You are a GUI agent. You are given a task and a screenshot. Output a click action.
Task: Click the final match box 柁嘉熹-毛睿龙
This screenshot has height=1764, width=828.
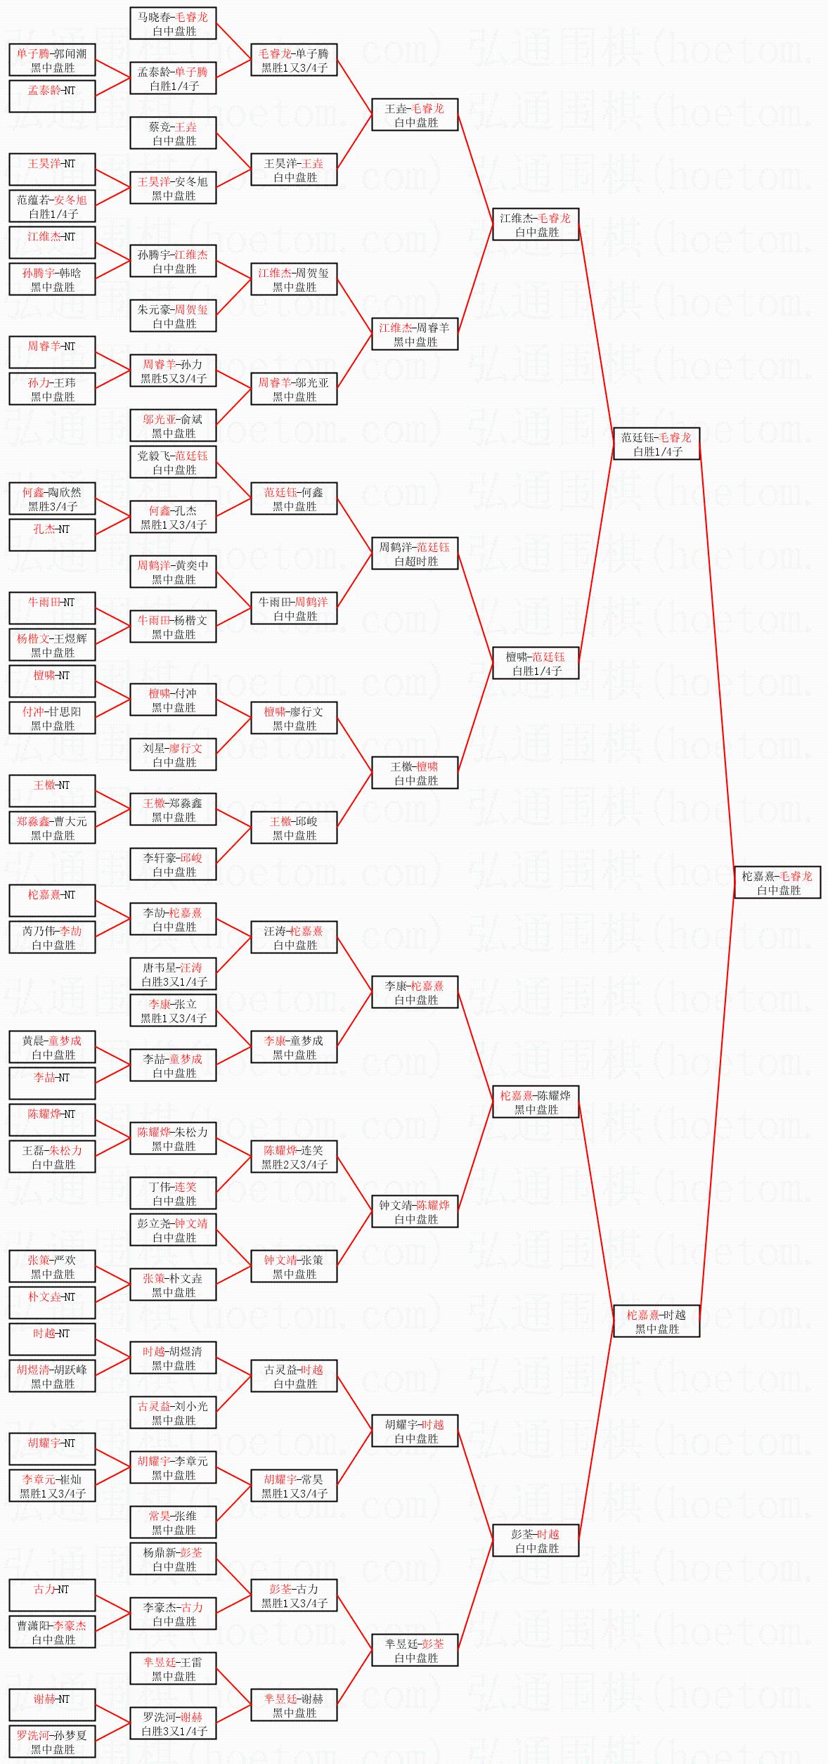tap(777, 882)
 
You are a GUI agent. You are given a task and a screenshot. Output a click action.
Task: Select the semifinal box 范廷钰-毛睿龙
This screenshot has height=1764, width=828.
tap(656, 444)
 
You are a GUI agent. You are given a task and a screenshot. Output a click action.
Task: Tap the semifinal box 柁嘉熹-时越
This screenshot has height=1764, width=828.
tap(656, 1321)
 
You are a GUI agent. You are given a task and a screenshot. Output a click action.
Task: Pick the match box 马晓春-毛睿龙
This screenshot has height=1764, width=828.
tap(173, 24)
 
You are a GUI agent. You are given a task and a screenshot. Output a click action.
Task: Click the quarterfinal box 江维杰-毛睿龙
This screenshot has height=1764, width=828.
tap(536, 225)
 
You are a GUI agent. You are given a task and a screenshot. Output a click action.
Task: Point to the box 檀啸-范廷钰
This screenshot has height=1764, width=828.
tap(536, 663)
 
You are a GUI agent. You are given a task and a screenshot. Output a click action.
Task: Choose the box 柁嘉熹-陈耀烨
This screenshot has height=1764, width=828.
tap(536, 1102)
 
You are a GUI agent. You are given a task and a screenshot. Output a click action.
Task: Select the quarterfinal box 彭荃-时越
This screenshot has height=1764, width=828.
tap(536, 1540)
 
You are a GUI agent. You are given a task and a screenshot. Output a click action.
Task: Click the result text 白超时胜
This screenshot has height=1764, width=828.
tap(415, 561)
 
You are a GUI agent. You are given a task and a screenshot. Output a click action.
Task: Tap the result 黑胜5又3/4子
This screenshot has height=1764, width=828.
tap(174, 378)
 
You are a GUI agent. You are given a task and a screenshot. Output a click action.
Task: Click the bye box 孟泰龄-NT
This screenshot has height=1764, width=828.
tap(52, 97)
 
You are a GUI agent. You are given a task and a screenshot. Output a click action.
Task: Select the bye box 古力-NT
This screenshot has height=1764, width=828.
tap(52, 1595)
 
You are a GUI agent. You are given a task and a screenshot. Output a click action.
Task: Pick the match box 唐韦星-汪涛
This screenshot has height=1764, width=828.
tap(173, 974)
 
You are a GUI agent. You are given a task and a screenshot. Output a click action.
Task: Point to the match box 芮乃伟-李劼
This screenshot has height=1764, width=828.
tap(52, 937)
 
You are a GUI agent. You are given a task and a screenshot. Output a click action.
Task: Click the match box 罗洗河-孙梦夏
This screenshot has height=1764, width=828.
tap(52, 1742)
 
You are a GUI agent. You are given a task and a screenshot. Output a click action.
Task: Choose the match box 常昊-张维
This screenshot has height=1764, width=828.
tap(173, 1522)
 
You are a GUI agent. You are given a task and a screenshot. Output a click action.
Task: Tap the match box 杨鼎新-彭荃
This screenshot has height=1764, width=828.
tap(173, 1559)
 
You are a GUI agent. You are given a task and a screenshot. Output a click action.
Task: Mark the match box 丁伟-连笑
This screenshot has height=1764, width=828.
tap(173, 1193)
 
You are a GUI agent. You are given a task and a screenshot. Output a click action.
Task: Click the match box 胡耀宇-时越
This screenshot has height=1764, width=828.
tap(415, 1431)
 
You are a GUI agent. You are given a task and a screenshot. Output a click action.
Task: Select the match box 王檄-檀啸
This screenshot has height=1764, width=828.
tap(415, 773)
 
